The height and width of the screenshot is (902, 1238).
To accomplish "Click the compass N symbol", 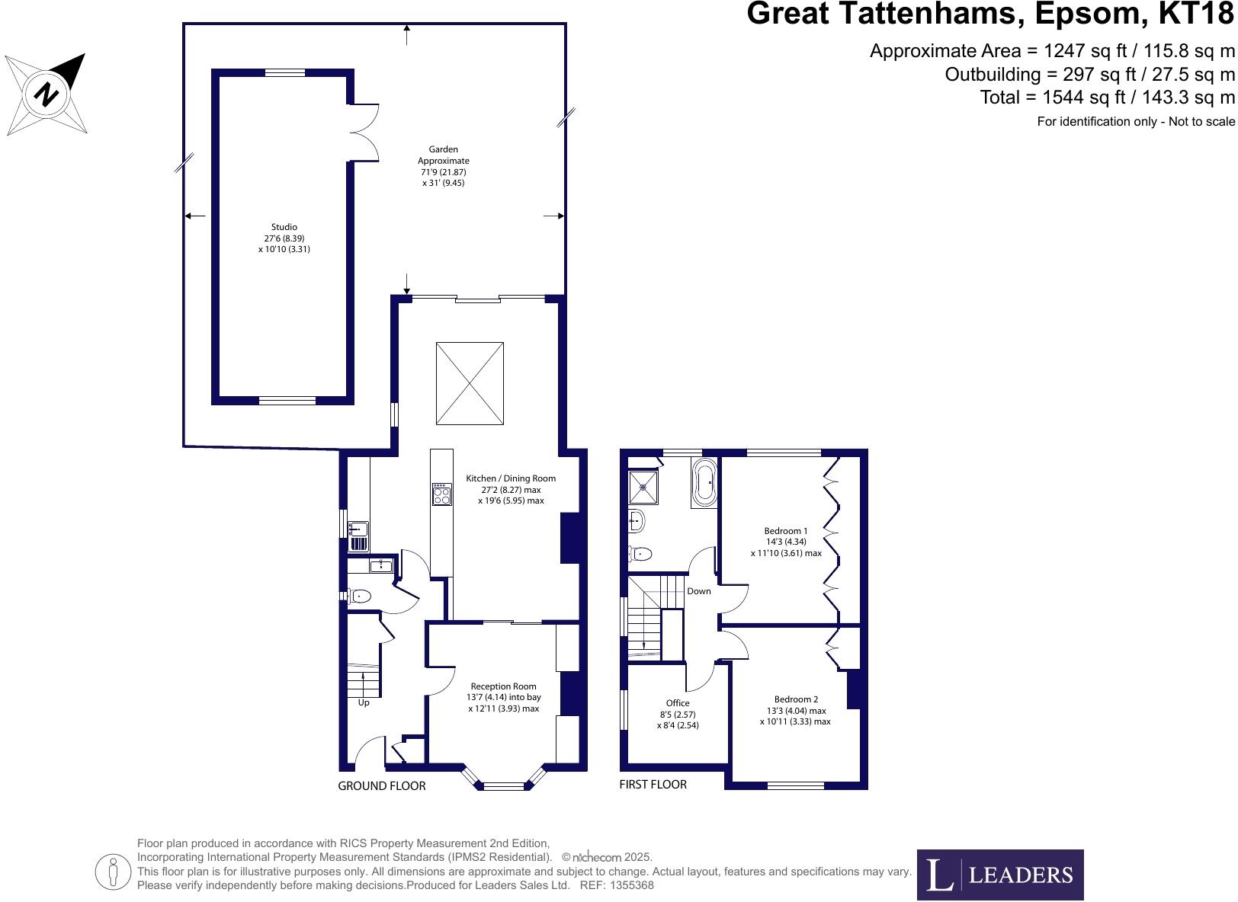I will pyautogui.click(x=47, y=94).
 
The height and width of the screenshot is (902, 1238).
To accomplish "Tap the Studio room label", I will pyautogui.click(x=284, y=238).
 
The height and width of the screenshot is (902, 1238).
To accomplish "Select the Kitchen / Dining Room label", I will pyautogui.click(x=511, y=489).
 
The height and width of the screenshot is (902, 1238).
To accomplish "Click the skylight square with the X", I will pyautogui.click(x=470, y=383).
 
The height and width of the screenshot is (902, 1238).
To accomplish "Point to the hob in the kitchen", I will pyautogui.click(x=441, y=495).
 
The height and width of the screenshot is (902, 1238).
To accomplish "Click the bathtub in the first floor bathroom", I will pyautogui.click(x=704, y=482).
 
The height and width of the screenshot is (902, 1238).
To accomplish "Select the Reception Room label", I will pyautogui.click(x=503, y=697).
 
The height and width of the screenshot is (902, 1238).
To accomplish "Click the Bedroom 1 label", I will pyautogui.click(x=786, y=542).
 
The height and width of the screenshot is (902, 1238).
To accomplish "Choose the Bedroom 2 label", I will pyautogui.click(x=795, y=710).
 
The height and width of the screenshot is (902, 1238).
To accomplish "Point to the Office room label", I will pyautogui.click(x=678, y=714).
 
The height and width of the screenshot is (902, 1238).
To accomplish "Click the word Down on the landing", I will pyautogui.click(x=698, y=591).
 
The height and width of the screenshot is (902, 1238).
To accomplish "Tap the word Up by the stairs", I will pyautogui.click(x=364, y=702).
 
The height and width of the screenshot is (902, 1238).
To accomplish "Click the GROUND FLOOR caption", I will pyautogui.click(x=381, y=786).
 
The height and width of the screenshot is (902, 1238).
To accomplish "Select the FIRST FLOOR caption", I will pyautogui.click(x=653, y=785).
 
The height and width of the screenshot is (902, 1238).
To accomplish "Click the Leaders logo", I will pyautogui.click(x=999, y=875).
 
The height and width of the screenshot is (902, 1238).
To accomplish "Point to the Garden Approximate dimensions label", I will pyautogui.click(x=443, y=166).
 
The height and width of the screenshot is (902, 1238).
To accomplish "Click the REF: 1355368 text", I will pyautogui.click(x=617, y=885).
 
